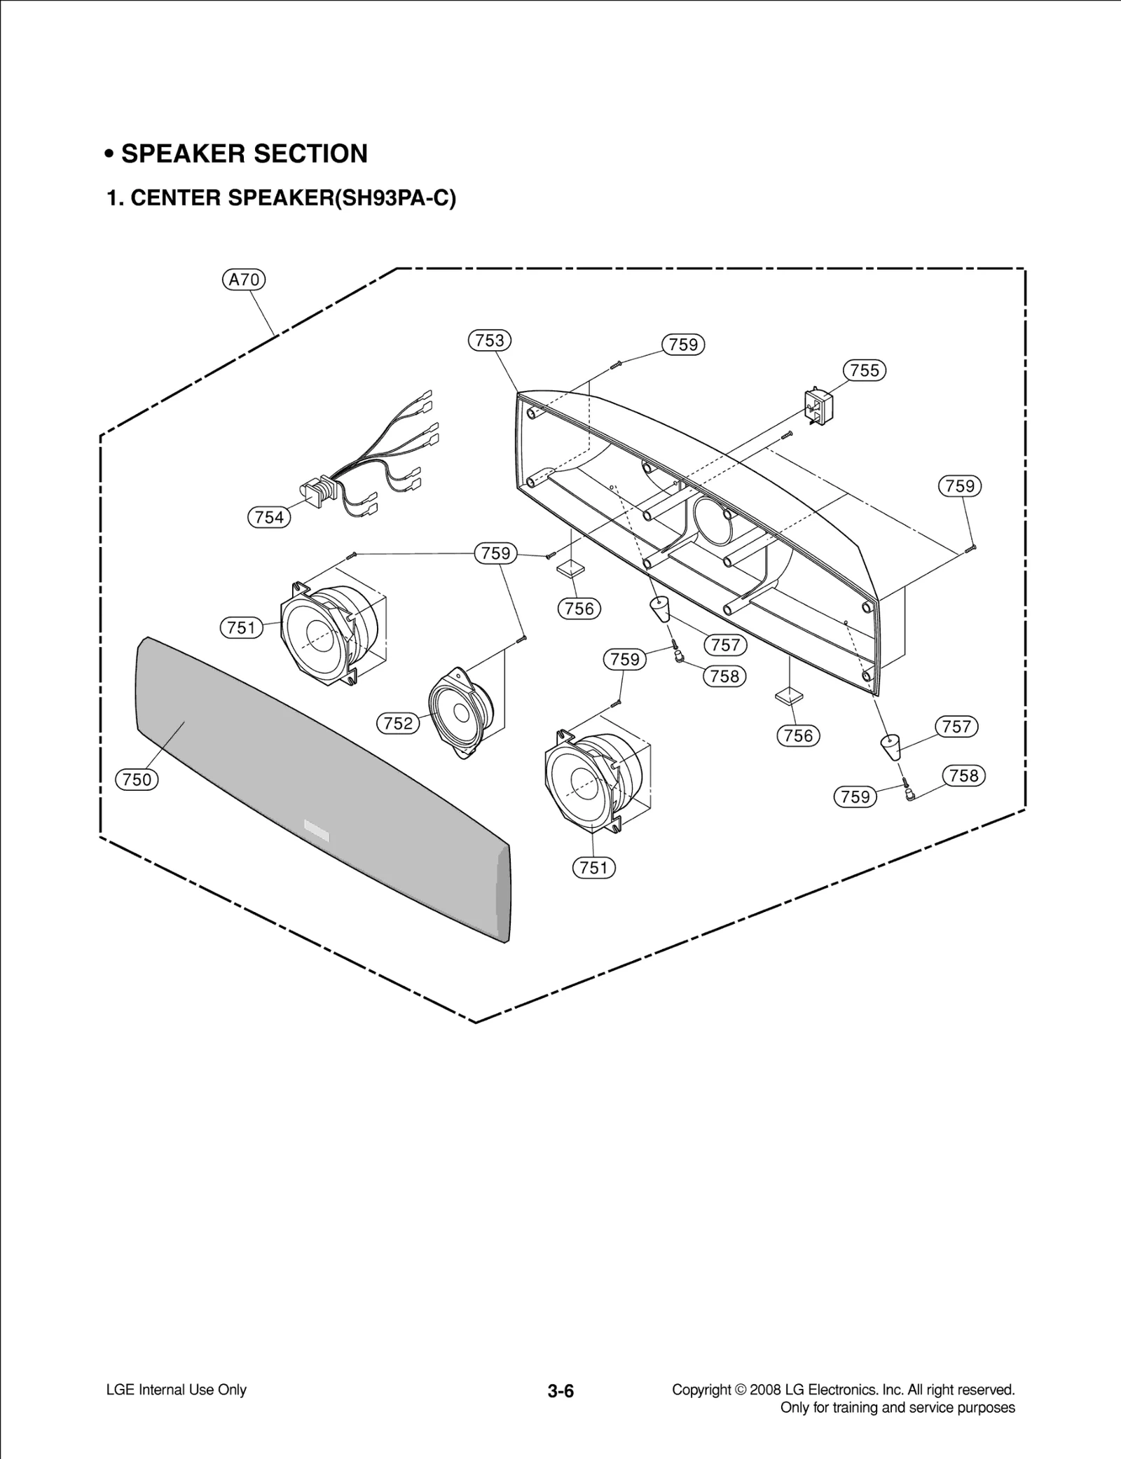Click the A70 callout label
tap(244, 280)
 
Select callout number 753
tap(489, 340)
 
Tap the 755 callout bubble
tap(864, 370)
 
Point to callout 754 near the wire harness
tap(269, 518)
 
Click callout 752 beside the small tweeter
tap(398, 723)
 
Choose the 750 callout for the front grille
tap(137, 779)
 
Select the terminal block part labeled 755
tap(818, 408)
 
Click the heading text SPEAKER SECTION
tap(244, 153)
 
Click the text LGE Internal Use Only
tap(176, 1390)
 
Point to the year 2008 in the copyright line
tap(764, 1390)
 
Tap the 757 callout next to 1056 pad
tap(956, 726)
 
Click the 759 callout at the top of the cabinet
tap(683, 345)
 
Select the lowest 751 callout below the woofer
tap(593, 868)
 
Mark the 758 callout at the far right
tap(963, 775)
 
